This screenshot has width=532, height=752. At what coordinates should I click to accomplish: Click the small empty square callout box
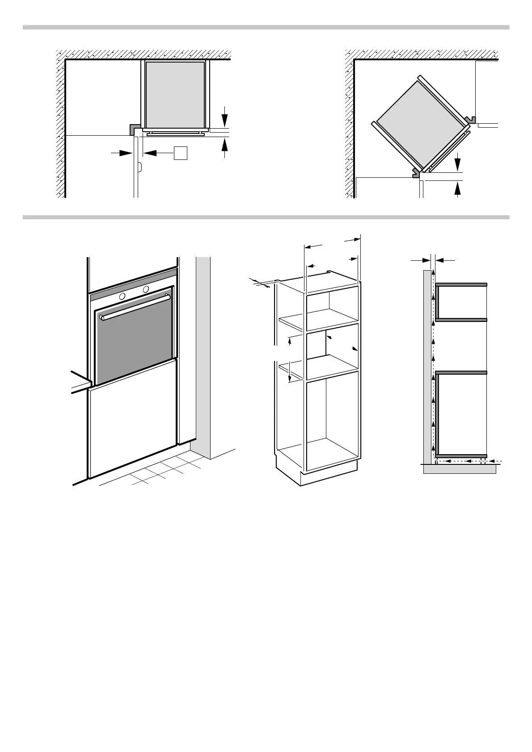click(x=180, y=153)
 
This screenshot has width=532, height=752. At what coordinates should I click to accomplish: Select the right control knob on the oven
click(x=146, y=289)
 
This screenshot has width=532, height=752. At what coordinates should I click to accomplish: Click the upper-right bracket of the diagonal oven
click(x=470, y=120)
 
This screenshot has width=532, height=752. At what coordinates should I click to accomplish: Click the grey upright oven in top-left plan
click(x=175, y=94)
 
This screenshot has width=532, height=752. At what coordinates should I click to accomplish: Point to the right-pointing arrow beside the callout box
click(x=122, y=153)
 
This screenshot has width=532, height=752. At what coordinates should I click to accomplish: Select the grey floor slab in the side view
click(x=460, y=469)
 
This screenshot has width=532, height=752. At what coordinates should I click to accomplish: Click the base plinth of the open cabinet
click(x=329, y=477)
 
